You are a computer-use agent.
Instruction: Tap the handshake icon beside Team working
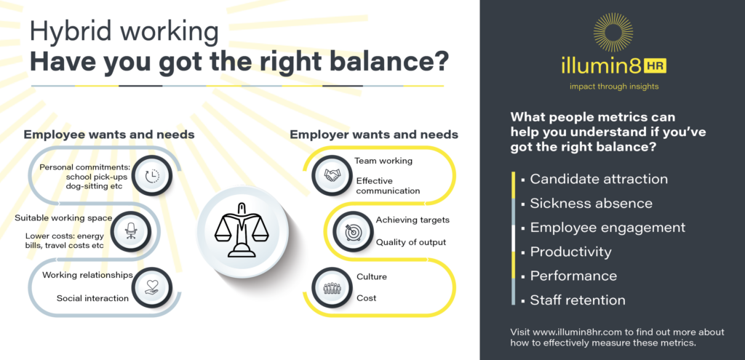coord(332,175)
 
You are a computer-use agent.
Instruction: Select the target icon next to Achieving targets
coord(352,231)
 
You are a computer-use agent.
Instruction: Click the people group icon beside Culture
coord(332,287)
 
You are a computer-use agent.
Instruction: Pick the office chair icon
coord(132,231)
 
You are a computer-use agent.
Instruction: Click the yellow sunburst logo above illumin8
coord(613,33)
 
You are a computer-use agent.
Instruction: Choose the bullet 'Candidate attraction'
coord(598,179)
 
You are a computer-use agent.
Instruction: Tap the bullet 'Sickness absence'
coord(591,204)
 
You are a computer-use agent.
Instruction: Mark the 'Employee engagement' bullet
coord(607,228)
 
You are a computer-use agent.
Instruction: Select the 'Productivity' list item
coord(570,252)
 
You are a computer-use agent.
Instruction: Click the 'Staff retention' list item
coord(577,300)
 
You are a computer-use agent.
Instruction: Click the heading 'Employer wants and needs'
coord(374,135)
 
